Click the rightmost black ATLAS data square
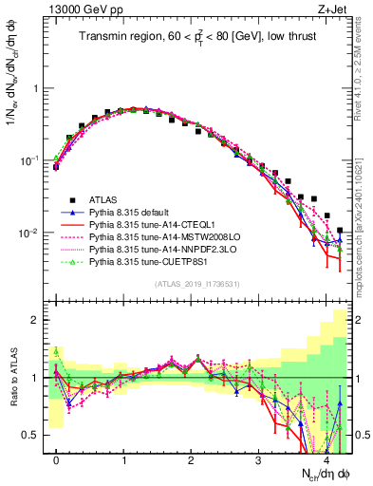(x=340, y=230)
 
